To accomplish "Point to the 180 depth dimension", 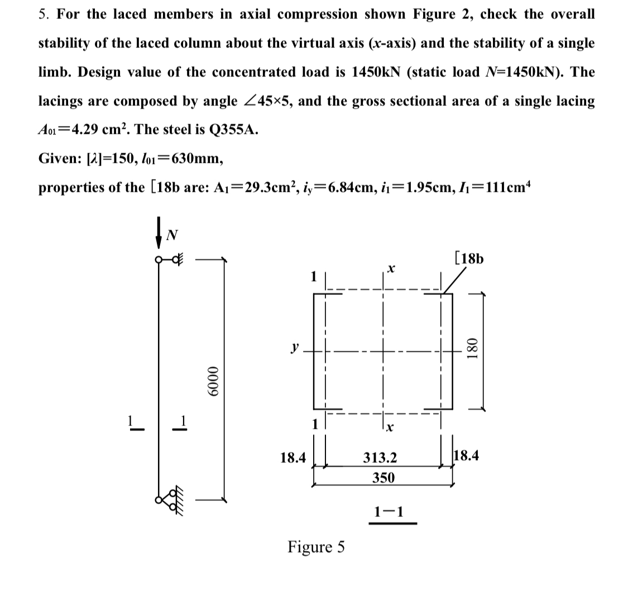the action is (x=473, y=352).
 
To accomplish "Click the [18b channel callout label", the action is (x=469, y=259).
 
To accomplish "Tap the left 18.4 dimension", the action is (x=293, y=458).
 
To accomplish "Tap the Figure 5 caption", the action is (x=316, y=547).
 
